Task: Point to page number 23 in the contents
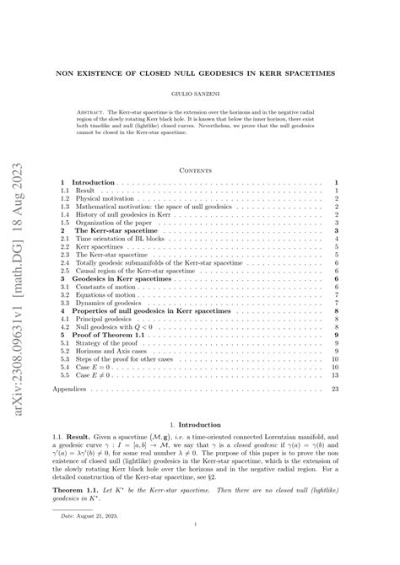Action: pyautogui.click(x=335, y=389)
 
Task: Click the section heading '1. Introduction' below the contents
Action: pyautogui.click(x=199, y=426)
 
